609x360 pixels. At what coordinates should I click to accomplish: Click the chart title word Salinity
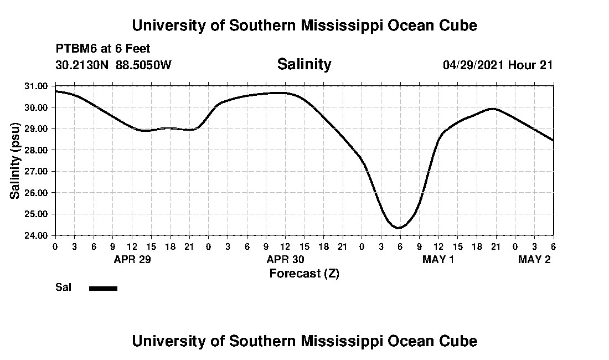[x=304, y=64]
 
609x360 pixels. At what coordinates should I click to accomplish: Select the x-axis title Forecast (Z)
[x=304, y=273]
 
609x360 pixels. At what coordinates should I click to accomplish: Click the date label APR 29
[x=132, y=259]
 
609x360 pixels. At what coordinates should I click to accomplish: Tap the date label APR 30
[x=285, y=259]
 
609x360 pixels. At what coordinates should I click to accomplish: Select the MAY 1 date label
[x=438, y=259]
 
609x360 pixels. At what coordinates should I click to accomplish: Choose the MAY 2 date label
[x=534, y=259]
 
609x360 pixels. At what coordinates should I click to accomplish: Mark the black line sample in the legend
[x=103, y=288]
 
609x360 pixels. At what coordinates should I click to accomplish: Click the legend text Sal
[x=62, y=287]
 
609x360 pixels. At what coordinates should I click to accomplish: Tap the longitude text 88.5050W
[x=143, y=65]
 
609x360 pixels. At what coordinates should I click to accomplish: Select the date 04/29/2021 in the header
[x=473, y=65]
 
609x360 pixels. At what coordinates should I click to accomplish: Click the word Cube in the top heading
[x=457, y=25]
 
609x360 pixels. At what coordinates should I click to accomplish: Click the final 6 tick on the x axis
[x=553, y=246]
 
